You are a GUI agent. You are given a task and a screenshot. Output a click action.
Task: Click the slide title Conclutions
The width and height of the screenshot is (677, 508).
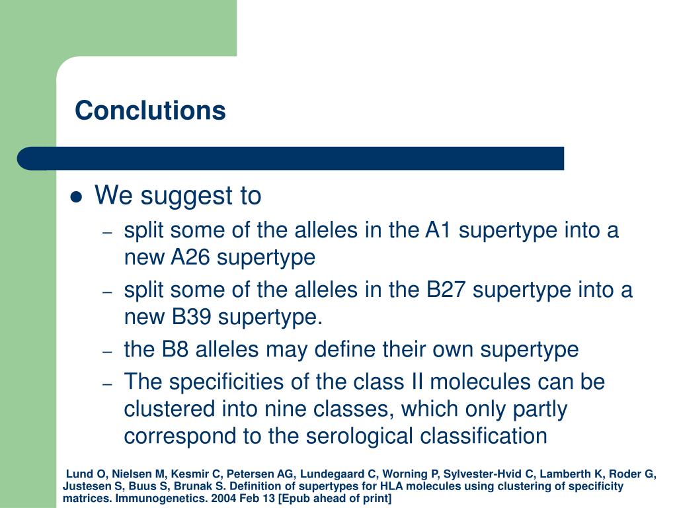tap(150, 110)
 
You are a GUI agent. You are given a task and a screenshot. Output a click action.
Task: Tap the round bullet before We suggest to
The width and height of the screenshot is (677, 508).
tap(77, 197)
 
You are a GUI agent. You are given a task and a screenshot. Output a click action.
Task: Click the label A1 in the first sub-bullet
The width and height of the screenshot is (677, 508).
tap(438, 230)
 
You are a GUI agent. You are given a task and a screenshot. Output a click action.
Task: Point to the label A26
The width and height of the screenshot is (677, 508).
tap(190, 257)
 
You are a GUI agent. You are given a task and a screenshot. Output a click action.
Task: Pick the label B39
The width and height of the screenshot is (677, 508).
tap(191, 317)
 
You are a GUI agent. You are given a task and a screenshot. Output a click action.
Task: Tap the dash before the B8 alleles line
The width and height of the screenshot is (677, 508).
tap(108, 352)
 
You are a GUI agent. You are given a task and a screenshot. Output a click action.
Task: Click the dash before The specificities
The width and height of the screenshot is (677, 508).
tap(108, 384)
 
